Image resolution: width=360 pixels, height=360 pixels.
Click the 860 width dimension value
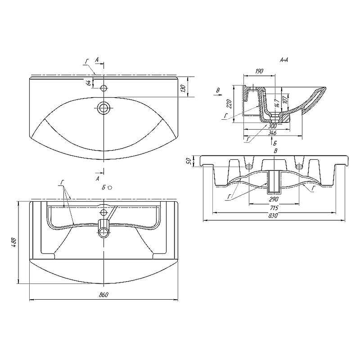[x=103, y=295]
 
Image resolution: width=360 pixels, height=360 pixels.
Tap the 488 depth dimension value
[x=14, y=243]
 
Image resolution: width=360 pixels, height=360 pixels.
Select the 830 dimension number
[x=274, y=216]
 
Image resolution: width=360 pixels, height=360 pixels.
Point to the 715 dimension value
[x=274, y=208]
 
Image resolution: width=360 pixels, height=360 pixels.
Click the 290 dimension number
[x=274, y=199]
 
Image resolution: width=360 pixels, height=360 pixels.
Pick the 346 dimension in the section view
[x=272, y=133]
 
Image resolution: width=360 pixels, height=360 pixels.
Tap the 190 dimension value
[x=259, y=71]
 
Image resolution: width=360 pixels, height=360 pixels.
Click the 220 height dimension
[x=229, y=104]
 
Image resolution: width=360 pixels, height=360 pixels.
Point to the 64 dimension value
[x=89, y=82]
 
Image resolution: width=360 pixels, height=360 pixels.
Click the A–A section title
[x=284, y=59]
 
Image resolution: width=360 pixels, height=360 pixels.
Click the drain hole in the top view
[x=103, y=108]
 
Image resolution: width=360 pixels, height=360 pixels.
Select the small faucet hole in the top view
[x=103, y=88]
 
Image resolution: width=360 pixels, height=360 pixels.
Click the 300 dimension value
[x=272, y=126]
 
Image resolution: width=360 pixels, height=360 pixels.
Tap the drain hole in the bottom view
[x=104, y=232]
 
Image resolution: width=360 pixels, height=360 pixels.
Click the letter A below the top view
[x=98, y=179]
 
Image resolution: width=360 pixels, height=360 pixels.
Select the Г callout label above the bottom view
[x=62, y=181]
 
